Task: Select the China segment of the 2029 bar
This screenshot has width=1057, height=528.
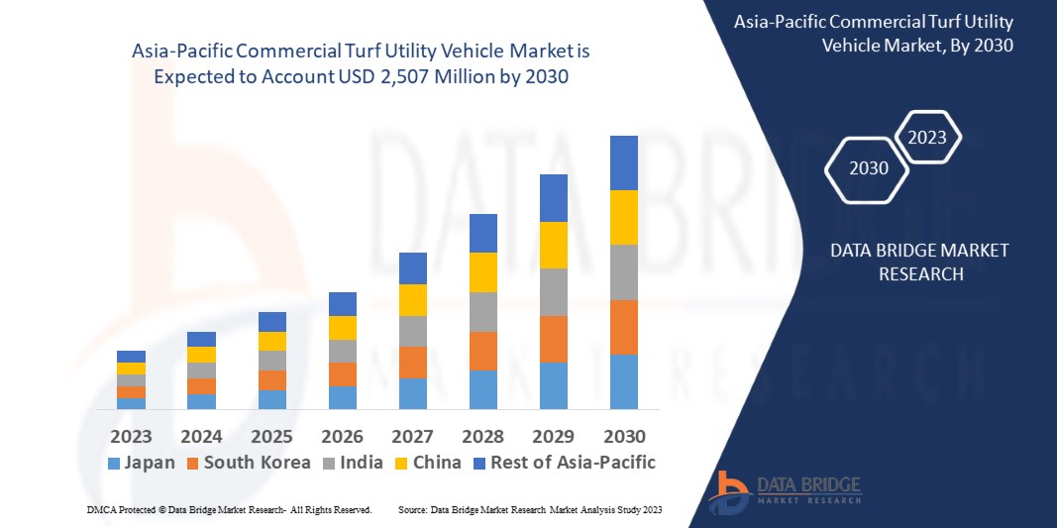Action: [x=554, y=245]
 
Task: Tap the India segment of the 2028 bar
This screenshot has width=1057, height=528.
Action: [x=483, y=311]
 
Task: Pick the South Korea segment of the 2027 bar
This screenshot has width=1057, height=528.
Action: [x=413, y=362]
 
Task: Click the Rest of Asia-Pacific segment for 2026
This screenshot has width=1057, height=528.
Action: [x=343, y=303]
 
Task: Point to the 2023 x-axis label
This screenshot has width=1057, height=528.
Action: [x=131, y=436]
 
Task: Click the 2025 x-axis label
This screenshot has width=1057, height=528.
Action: [x=271, y=436]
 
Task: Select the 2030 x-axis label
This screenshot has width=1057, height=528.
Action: [x=624, y=436]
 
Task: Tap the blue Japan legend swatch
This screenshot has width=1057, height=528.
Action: [x=113, y=463]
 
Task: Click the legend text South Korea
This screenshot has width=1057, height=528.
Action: [x=257, y=463]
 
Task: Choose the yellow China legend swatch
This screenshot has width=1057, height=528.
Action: [x=400, y=463]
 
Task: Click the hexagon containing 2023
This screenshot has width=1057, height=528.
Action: [x=927, y=138]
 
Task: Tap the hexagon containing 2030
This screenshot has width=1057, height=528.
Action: [x=869, y=168]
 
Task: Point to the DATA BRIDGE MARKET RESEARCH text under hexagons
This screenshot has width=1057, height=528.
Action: [x=920, y=263]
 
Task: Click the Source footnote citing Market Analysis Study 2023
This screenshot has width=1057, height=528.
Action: [x=529, y=509]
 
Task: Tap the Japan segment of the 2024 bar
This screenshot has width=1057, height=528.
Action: [x=201, y=401]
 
